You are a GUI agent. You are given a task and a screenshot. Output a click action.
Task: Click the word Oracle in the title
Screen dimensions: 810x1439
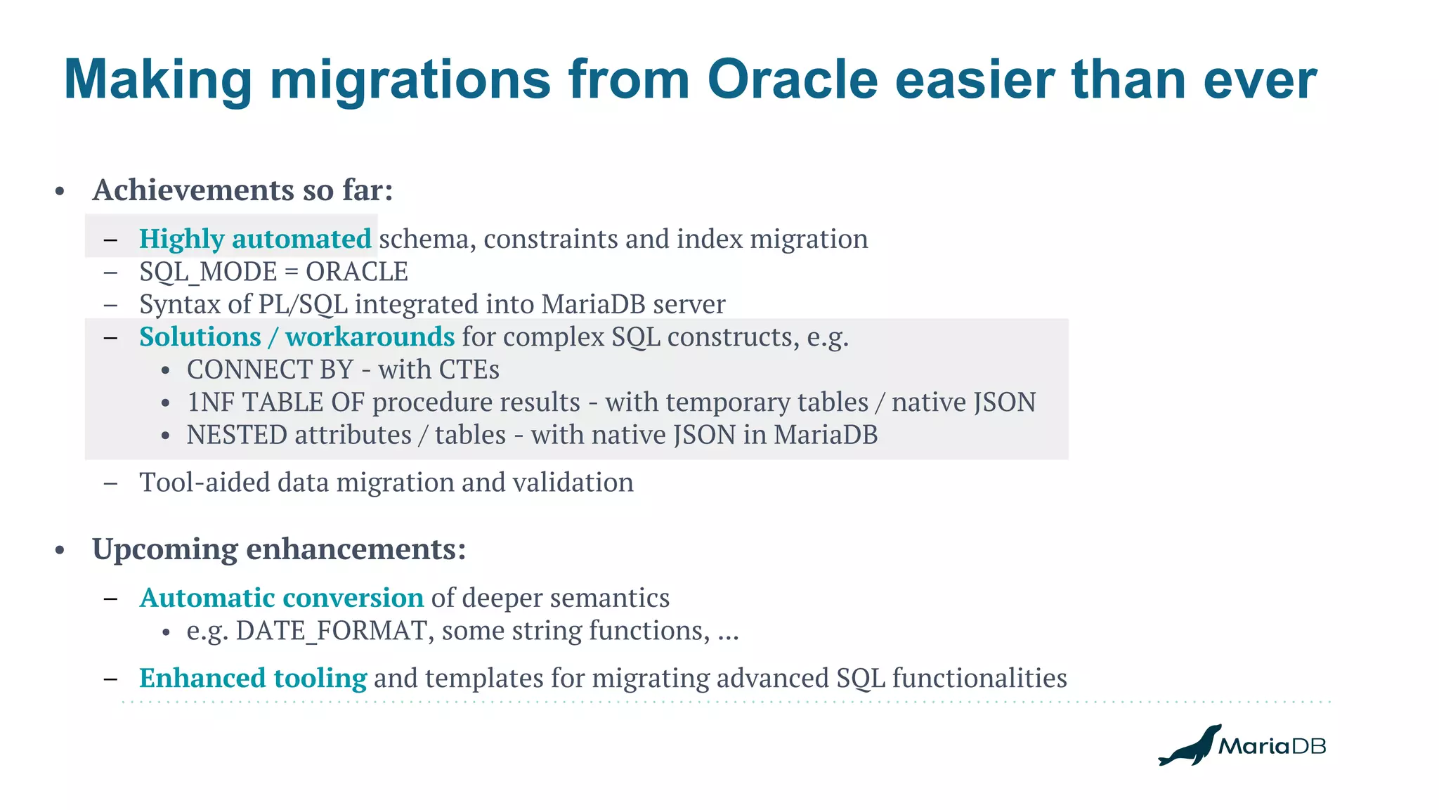792,79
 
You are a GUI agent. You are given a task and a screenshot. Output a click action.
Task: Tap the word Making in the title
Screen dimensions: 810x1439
157,79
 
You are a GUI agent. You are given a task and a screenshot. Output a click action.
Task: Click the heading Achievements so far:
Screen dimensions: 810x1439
242,190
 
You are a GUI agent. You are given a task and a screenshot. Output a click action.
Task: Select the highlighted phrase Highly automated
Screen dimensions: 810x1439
255,239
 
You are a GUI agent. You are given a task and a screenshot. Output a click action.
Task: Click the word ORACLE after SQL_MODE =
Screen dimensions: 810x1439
356,272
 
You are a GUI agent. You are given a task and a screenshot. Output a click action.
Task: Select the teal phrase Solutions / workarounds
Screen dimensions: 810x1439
297,337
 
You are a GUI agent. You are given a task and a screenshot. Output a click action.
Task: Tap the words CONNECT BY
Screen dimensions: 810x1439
269,370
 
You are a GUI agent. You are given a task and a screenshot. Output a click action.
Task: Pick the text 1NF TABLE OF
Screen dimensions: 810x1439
275,403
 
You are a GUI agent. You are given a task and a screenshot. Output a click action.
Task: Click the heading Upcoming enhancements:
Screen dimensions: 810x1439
279,549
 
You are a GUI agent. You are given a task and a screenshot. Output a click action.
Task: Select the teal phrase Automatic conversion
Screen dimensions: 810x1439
281,598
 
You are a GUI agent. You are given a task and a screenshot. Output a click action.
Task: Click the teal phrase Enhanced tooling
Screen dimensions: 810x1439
253,678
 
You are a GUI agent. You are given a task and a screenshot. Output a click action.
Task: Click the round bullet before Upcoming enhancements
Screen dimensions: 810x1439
60,550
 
